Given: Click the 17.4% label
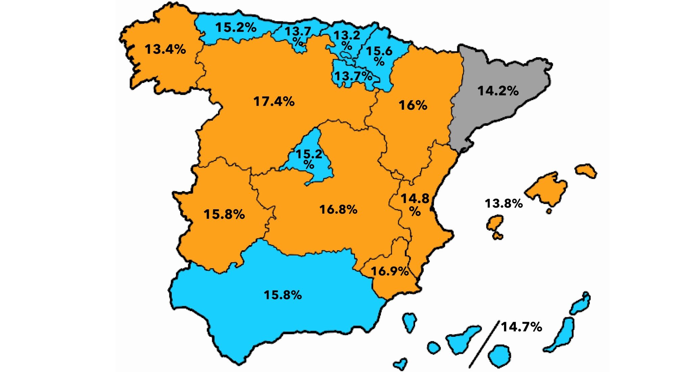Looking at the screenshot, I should click(x=274, y=101).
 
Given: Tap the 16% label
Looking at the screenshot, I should click(x=413, y=105).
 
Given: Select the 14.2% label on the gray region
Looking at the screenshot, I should click(x=498, y=91).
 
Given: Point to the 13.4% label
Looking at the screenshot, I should click(x=165, y=49).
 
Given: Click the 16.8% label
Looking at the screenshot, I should click(x=338, y=209).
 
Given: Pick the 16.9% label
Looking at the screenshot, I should click(x=390, y=271).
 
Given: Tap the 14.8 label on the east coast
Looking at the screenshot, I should click(x=415, y=199).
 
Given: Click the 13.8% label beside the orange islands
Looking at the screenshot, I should click(x=504, y=203).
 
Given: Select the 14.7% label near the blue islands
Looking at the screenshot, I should click(x=522, y=327).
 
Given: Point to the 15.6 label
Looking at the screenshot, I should click(x=379, y=51).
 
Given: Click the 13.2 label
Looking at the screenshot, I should click(x=347, y=36).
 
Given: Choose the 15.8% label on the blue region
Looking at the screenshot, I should click(x=283, y=295).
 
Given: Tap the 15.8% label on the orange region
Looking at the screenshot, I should click(x=224, y=214).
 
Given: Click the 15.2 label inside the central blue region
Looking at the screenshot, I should click(x=309, y=155).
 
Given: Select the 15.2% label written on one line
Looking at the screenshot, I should click(x=236, y=27).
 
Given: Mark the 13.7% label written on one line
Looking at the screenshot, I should click(x=353, y=76).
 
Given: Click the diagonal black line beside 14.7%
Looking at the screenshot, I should click(x=484, y=344).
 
